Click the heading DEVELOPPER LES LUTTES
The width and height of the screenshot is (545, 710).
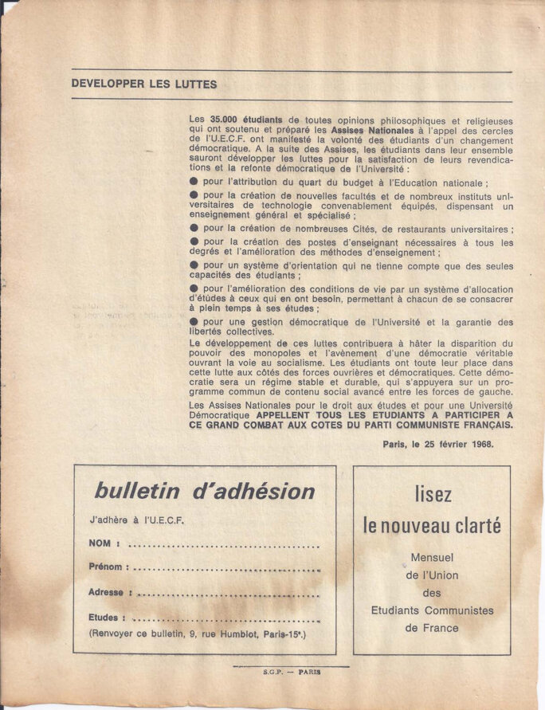(143, 84)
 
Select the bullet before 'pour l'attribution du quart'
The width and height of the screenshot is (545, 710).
(194, 182)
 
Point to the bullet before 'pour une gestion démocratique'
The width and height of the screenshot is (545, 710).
(194, 322)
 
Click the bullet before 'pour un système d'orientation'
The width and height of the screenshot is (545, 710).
(194, 266)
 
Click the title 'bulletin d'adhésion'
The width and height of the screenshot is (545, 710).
(204, 491)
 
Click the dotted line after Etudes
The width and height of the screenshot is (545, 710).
(226, 618)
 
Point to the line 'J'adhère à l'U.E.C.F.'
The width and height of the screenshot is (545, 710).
(136, 520)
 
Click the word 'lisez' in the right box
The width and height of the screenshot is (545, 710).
(433, 494)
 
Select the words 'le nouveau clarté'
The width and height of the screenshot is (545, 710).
(432, 525)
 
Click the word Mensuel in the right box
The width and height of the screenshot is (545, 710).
(432, 557)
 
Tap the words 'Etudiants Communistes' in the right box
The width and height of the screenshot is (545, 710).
(432, 610)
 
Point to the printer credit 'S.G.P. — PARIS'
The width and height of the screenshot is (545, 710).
(291, 672)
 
